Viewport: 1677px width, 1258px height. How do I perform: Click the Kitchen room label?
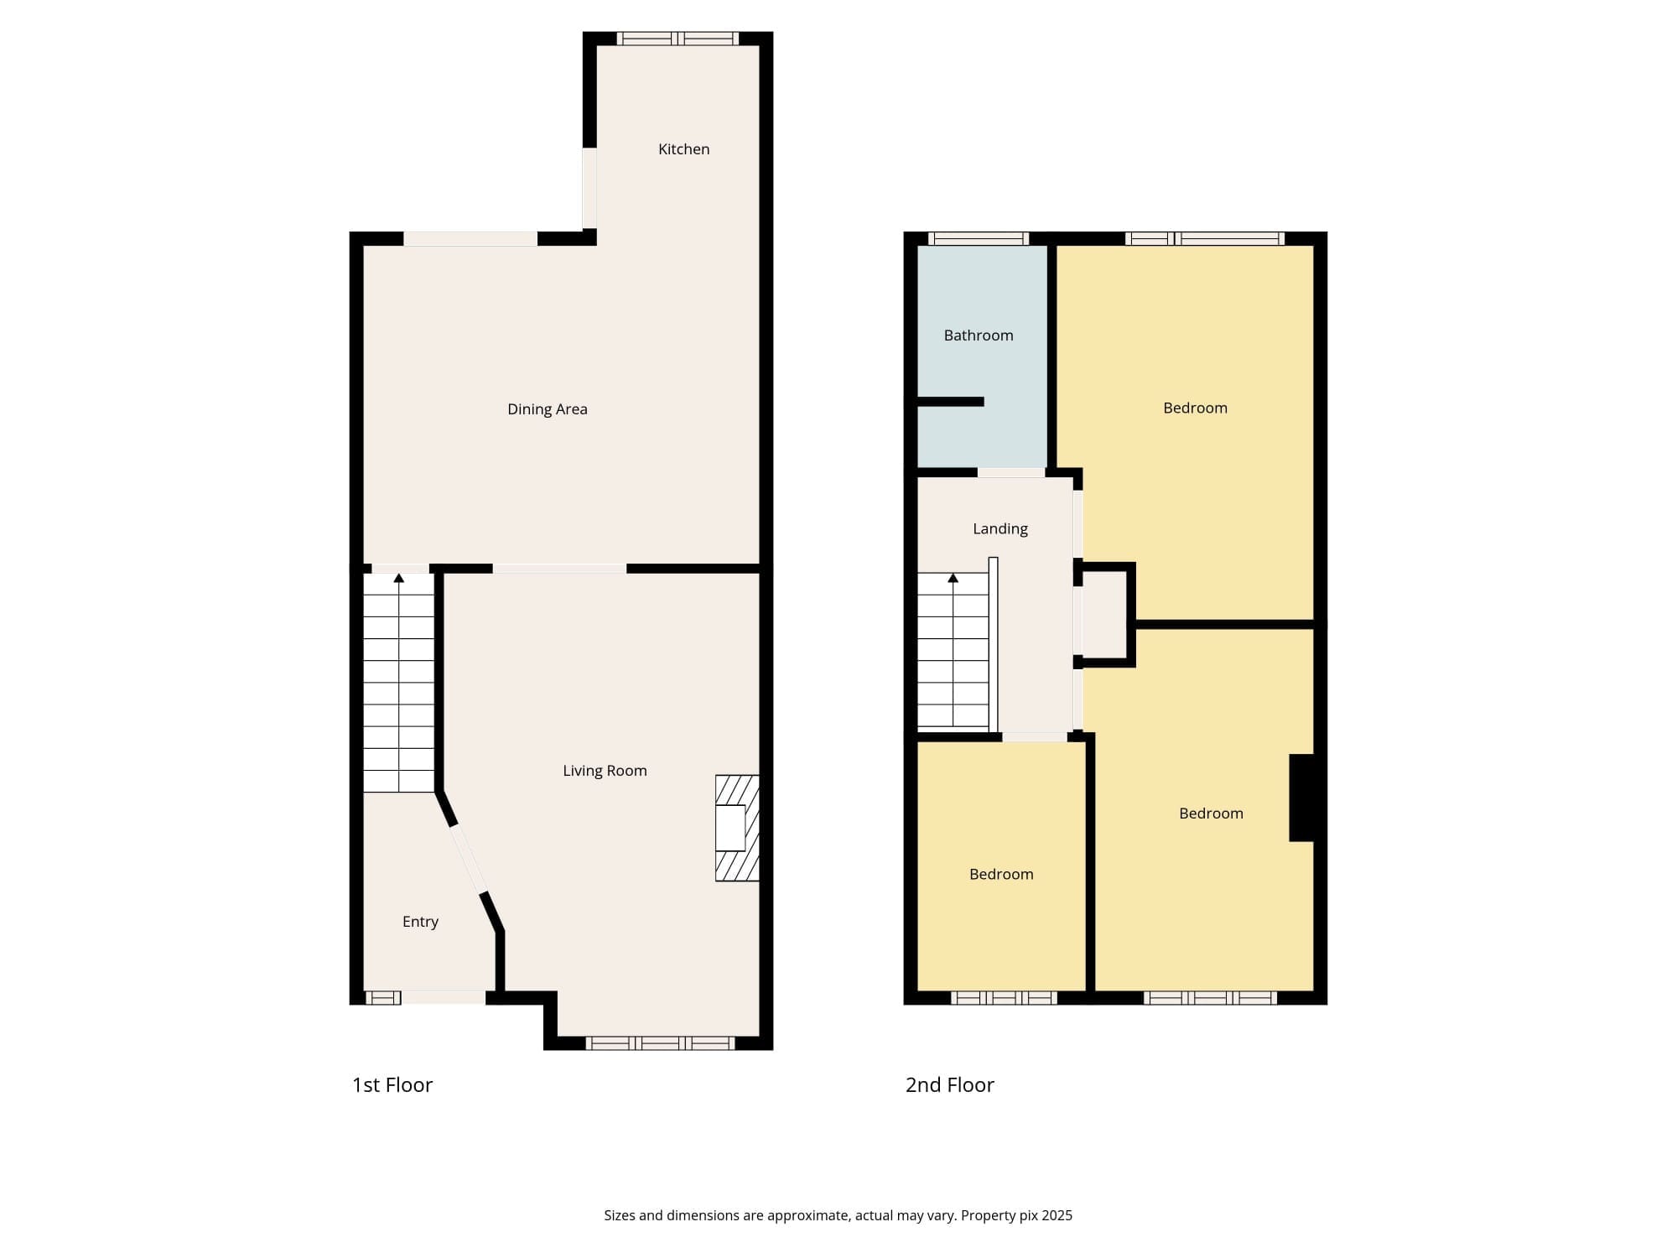[683, 149]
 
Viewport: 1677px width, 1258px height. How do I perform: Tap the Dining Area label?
[548, 409]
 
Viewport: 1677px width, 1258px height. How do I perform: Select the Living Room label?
[605, 771]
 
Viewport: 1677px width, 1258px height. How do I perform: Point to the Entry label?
[420, 922]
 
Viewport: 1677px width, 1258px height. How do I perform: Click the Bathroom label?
[979, 335]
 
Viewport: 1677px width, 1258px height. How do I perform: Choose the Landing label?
[1000, 529]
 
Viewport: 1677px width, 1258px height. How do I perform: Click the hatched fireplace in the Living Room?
[737, 828]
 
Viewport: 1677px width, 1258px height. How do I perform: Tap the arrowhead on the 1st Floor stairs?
[399, 578]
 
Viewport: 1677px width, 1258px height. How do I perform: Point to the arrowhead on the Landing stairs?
[953, 578]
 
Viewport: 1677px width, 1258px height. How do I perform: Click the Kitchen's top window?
[678, 39]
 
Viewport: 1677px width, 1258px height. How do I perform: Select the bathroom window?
[979, 238]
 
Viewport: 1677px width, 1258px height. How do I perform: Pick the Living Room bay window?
[660, 1043]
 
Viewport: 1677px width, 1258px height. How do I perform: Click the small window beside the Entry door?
[383, 997]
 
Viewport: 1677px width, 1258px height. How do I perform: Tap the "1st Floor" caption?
[392, 1084]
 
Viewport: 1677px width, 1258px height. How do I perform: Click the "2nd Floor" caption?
[950, 1084]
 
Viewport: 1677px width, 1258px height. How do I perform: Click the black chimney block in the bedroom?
[1301, 798]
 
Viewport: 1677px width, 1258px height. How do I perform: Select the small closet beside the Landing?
[1106, 615]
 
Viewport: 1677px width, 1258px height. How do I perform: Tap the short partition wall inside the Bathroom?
[950, 402]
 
